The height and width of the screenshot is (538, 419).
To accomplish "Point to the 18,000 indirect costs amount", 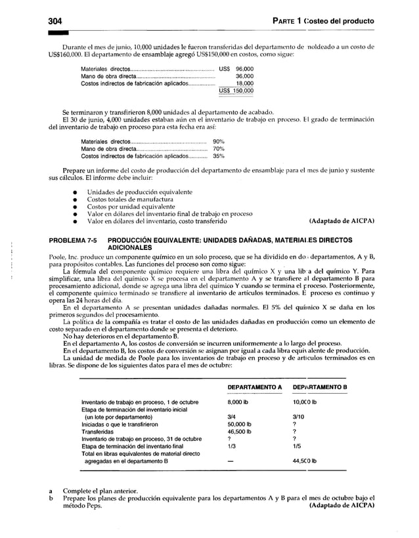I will [x=245, y=83].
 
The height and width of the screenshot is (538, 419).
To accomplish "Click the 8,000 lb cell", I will [x=238, y=402].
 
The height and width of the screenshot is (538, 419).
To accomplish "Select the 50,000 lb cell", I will [x=240, y=424].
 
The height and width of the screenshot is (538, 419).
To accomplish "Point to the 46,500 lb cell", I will [x=240, y=432].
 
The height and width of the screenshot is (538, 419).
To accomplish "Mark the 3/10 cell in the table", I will [x=298, y=417].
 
